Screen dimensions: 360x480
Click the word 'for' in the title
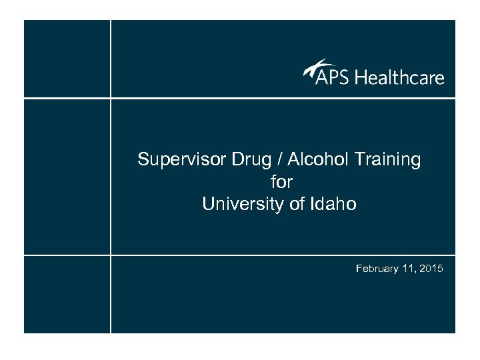(281, 181)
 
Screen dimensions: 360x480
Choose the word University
(237, 204)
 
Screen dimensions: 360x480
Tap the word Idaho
(335, 204)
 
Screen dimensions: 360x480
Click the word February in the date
(378, 269)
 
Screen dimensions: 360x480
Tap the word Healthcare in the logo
(399, 77)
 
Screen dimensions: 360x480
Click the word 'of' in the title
(297, 204)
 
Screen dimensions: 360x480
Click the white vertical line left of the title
(111, 177)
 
